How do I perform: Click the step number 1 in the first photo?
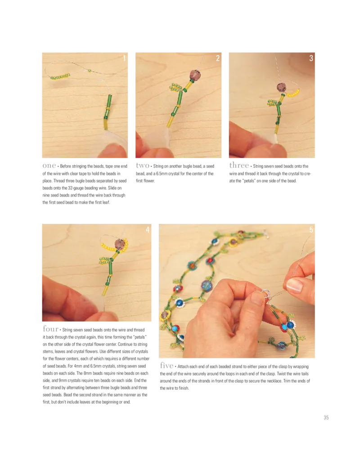point(124,58)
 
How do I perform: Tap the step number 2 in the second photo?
point(218,58)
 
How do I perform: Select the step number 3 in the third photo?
point(311,58)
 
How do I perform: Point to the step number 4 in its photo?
point(148,230)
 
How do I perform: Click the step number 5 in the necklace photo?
point(311,230)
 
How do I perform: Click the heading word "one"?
point(49,166)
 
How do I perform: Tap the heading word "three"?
point(239,165)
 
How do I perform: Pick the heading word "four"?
point(50,329)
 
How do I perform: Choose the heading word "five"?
point(167,365)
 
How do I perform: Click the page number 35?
point(326,417)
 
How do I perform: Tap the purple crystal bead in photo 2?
point(195,75)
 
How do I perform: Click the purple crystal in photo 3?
point(281,87)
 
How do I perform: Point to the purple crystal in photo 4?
point(120,244)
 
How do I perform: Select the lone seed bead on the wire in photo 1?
point(90,71)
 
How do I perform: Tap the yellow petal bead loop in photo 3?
point(293,93)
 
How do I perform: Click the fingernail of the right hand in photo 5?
point(294,285)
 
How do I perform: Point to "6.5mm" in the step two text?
point(163,174)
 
